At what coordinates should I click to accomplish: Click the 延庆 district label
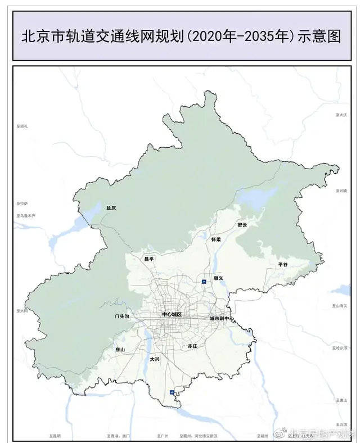click(111, 207)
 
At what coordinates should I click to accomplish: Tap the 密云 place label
click(242, 225)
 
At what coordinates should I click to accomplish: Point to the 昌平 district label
click(149, 259)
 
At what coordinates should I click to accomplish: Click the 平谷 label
click(282, 264)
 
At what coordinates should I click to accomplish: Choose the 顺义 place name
click(219, 278)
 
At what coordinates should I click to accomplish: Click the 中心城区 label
click(172, 314)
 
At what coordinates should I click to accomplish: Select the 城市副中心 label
click(222, 319)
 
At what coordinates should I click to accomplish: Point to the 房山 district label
click(119, 349)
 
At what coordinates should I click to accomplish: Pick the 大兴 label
click(154, 359)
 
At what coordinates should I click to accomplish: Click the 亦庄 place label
click(192, 346)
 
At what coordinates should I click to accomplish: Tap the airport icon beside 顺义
click(204, 281)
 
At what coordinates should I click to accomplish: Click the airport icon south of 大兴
click(174, 392)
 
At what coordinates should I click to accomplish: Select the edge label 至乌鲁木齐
click(26, 215)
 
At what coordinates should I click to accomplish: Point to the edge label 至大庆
click(341, 114)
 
